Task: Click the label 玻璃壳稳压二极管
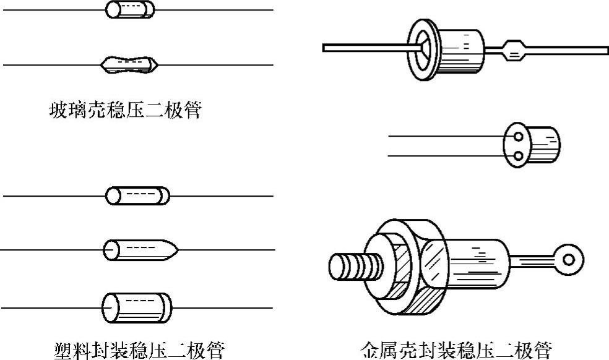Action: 125,111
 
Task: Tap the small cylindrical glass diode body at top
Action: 130,10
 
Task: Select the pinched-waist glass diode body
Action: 130,62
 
